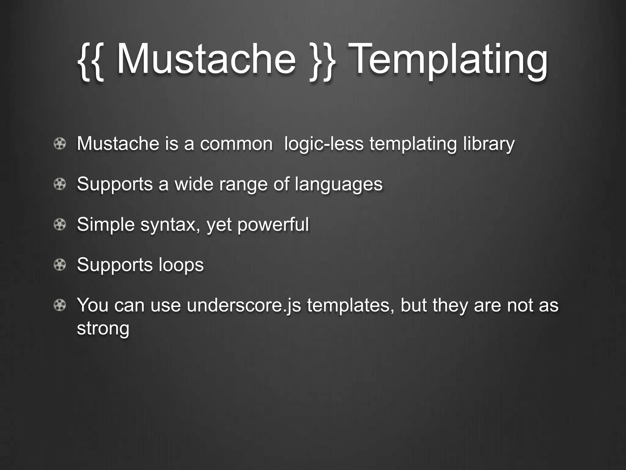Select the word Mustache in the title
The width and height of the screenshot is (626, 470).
click(206, 60)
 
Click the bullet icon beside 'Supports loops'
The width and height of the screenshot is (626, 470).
click(60, 265)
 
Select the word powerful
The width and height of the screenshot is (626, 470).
click(273, 225)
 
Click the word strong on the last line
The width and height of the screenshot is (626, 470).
click(103, 328)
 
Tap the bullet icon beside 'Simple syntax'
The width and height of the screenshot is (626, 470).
click(60, 225)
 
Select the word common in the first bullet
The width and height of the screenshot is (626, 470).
click(236, 144)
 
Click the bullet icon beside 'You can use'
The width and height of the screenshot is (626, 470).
click(60, 305)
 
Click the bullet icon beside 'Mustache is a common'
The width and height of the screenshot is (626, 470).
click(60, 144)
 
